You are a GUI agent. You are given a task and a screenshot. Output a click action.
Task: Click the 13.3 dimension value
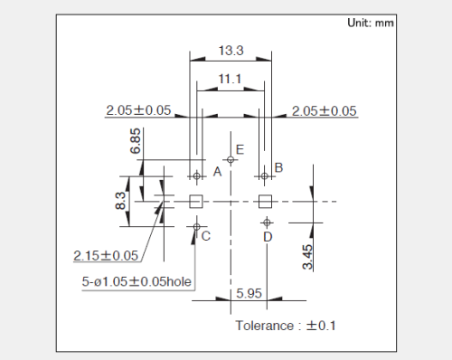[x=231, y=51]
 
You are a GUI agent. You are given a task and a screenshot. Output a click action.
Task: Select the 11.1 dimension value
[x=230, y=79]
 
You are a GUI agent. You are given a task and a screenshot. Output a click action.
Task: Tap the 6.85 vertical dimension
[x=136, y=141]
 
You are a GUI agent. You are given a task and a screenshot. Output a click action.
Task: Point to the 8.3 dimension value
[x=120, y=201]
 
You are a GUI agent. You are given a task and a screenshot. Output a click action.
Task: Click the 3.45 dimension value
[x=307, y=257]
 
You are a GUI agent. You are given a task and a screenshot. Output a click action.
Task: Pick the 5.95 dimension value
[x=249, y=293]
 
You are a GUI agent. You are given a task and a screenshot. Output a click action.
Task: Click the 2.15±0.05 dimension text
[x=106, y=256]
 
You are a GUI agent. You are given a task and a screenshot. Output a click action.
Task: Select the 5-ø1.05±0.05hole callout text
[x=137, y=281]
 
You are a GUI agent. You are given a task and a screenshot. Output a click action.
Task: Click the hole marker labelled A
[x=197, y=175]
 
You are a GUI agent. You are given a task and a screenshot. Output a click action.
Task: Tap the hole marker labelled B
[x=265, y=175]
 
